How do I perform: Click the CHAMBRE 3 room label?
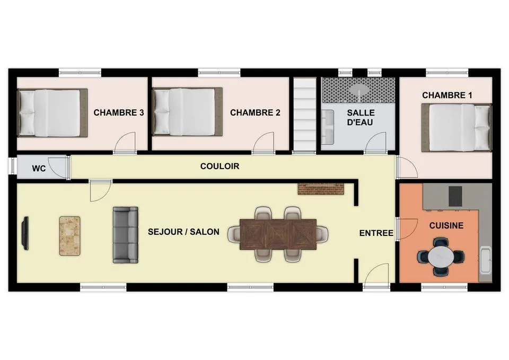[x=119, y=112]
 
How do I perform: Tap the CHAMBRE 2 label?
[x=255, y=112]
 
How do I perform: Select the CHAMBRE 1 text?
[x=447, y=95]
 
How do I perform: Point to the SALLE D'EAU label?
[x=361, y=118]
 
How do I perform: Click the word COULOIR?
[x=220, y=166]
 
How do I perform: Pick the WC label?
[x=39, y=169]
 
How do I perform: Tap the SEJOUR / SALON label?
[x=183, y=232]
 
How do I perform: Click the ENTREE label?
[x=376, y=233]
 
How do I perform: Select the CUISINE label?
[x=446, y=225]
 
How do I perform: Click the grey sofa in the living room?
[x=125, y=234]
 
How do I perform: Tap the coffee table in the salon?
[x=70, y=235]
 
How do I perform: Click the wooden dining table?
[x=278, y=234]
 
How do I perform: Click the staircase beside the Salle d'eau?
[x=304, y=115]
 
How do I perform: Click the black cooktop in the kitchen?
[x=455, y=196]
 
